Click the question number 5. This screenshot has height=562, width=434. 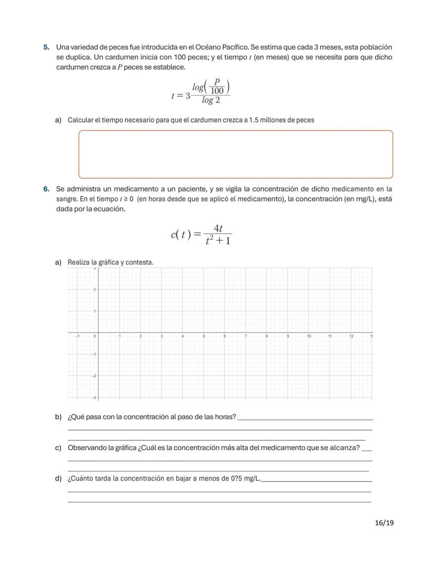[46, 48]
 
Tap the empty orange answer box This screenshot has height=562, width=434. [235, 154]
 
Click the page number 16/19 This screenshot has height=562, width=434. [384, 523]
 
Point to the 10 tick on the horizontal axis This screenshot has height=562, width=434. [309, 336]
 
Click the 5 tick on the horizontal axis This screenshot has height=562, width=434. [203, 336]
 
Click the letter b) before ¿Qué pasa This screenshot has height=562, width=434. [58, 417]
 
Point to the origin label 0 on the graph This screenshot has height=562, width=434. [94, 336]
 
